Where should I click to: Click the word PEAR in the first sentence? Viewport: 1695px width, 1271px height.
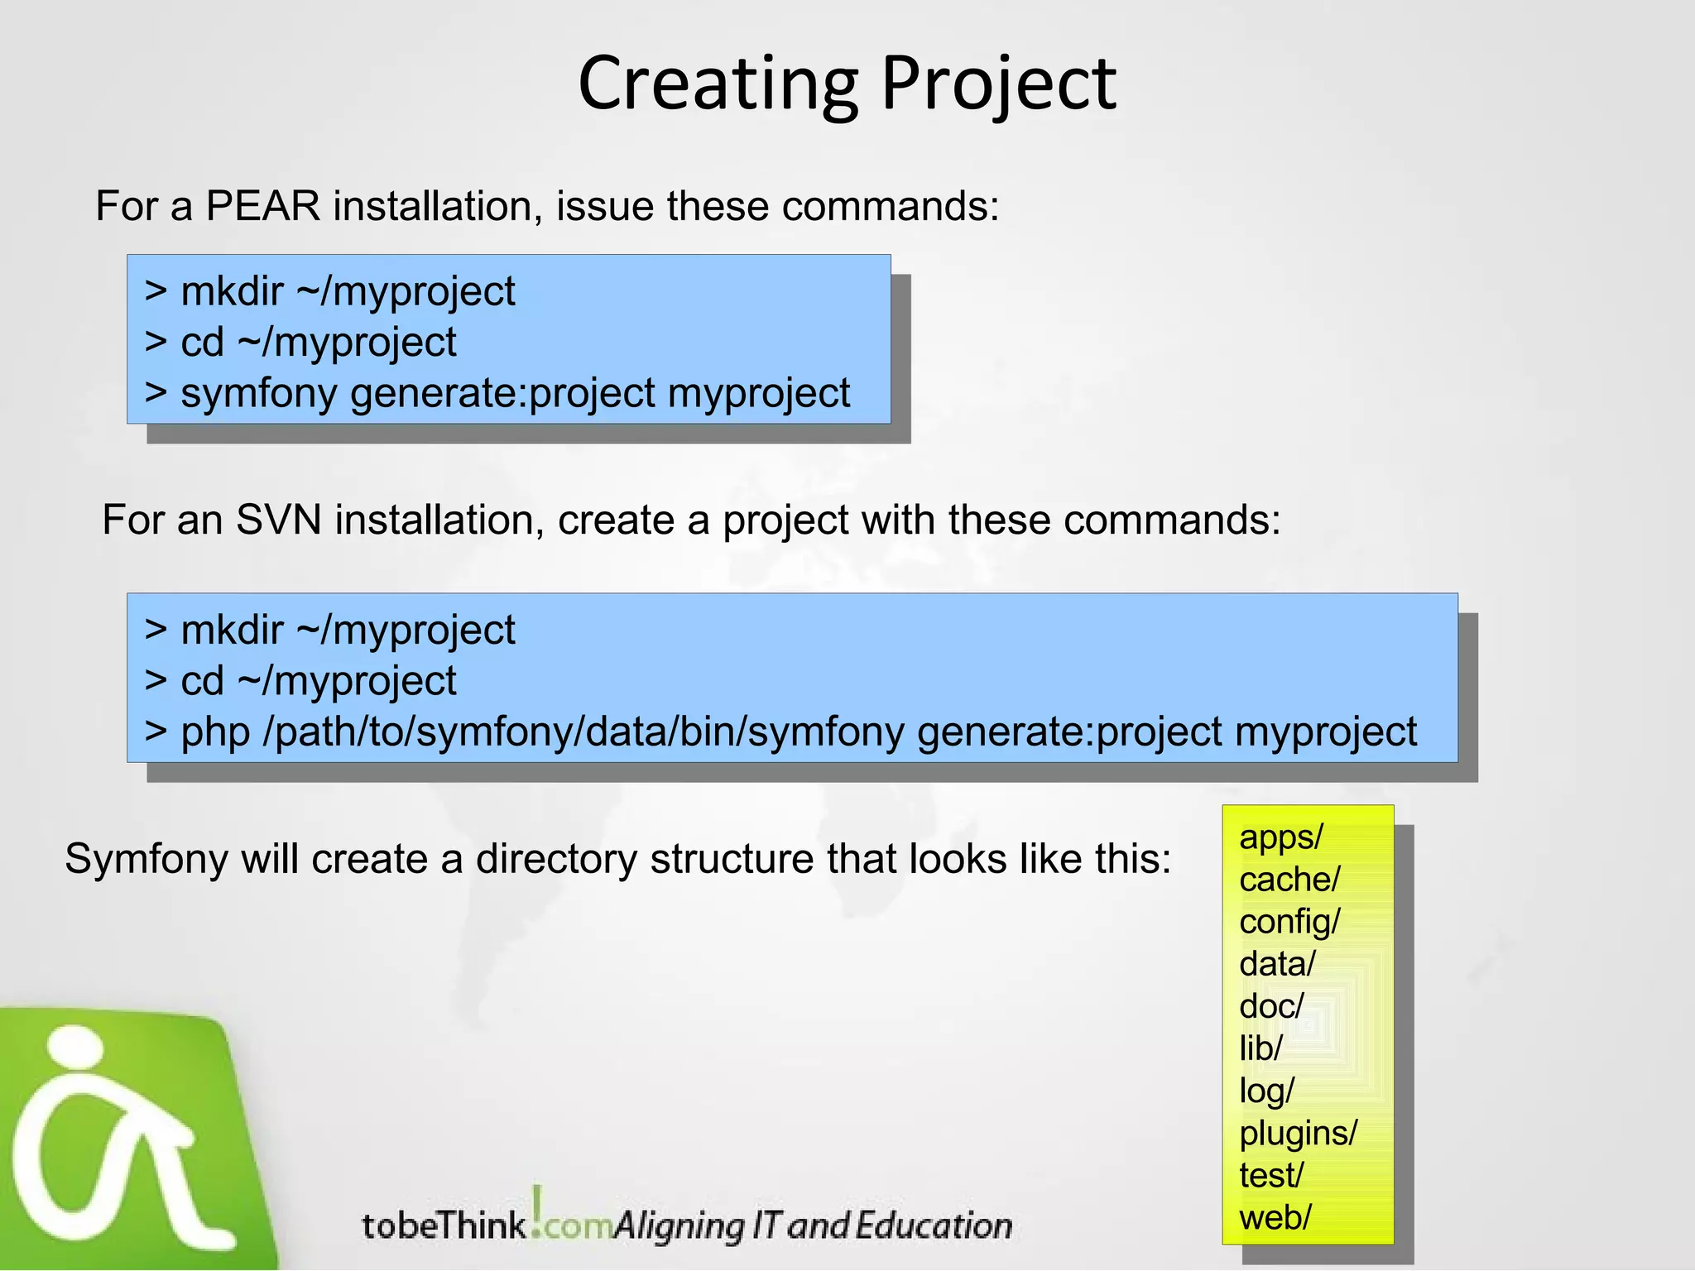click(262, 206)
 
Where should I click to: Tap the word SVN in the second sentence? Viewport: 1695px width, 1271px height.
click(278, 520)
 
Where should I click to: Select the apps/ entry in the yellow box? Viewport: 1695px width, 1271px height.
click(1280, 837)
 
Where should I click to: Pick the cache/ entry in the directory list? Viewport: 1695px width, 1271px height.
click(1289, 880)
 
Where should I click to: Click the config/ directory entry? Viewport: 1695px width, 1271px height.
click(1289, 922)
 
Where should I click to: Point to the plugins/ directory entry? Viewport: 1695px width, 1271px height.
click(1298, 1133)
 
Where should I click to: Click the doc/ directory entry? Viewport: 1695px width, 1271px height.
click(1271, 1006)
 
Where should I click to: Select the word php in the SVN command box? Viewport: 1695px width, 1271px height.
click(215, 732)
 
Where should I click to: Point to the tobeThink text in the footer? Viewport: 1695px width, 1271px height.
click(444, 1225)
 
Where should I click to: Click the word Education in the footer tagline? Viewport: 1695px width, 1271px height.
click(933, 1225)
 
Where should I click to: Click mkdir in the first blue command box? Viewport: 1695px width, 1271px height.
click(232, 292)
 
